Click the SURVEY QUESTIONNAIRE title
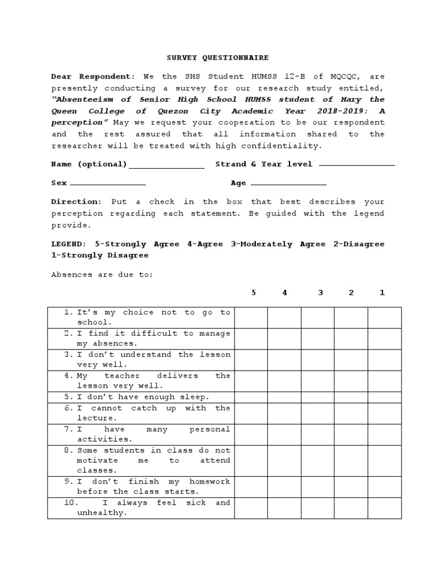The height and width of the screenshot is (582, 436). click(217, 58)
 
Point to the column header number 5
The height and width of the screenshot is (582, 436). click(254, 293)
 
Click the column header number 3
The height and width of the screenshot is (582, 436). click(320, 293)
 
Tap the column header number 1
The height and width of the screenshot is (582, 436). click(382, 293)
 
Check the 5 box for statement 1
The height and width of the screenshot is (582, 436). click(251, 318)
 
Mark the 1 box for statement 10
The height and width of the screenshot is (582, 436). click(384, 508)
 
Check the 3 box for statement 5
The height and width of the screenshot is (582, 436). click(317, 397)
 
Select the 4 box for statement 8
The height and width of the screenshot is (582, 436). click(284, 461)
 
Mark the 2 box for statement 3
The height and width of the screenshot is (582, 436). click(351, 360)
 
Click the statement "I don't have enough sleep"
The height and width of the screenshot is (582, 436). click(143, 397)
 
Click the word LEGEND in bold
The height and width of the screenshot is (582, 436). click(69, 244)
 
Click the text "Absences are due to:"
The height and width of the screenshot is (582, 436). click(102, 275)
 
